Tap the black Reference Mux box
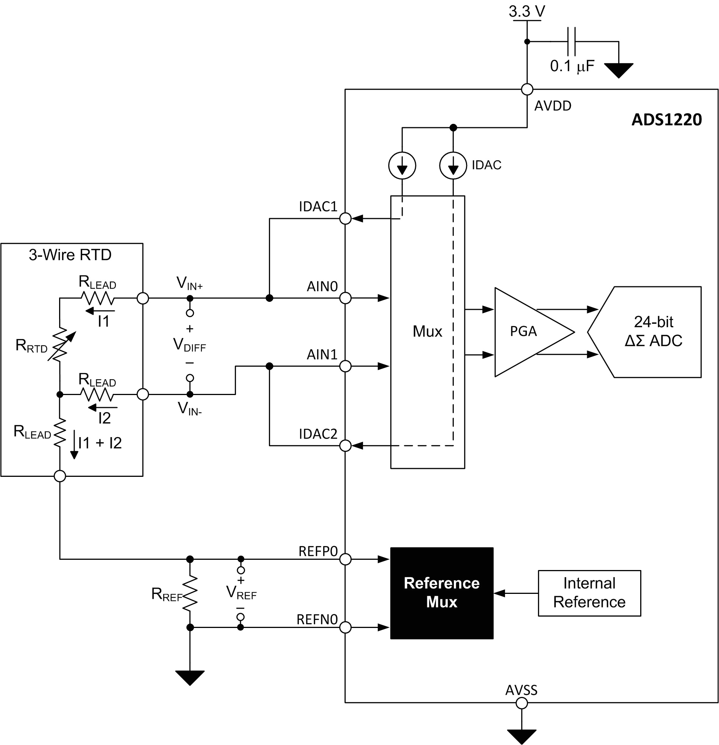tap(441, 593)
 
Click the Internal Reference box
tap(589, 593)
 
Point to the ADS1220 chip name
tap(666, 120)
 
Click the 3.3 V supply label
tap(527, 11)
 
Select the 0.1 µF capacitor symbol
tap(571, 41)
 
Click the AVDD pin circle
tap(527, 89)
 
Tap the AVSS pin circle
tap(522, 704)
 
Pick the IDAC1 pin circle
tap(345, 219)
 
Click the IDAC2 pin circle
tap(345, 445)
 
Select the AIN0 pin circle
tap(345, 298)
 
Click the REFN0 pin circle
tap(345, 628)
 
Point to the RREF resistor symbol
tap(190, 593)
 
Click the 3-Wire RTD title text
tap(70, 255)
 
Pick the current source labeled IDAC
tap(453, 166)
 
